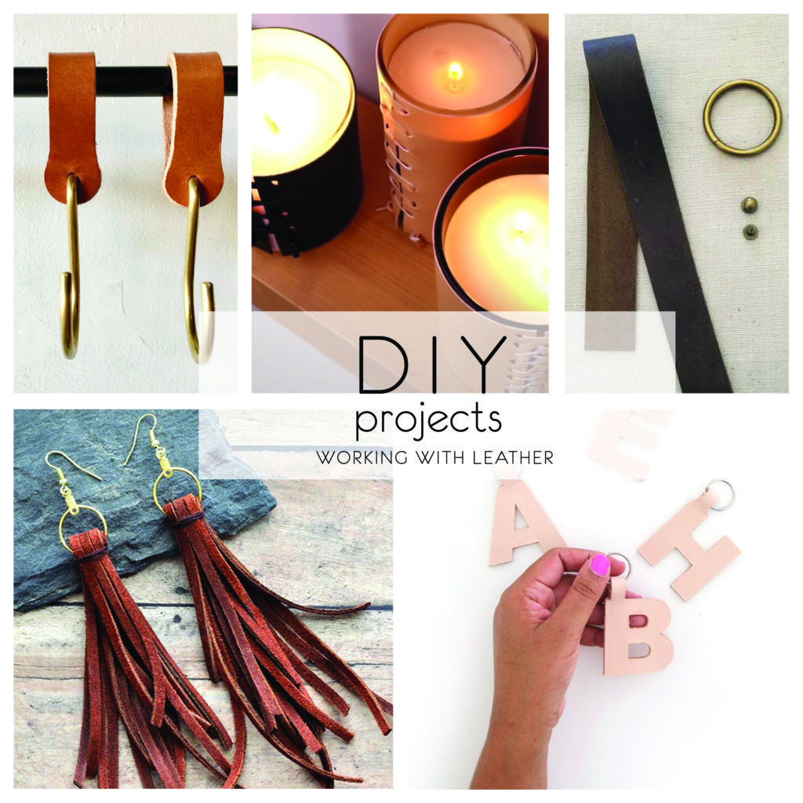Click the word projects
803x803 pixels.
(428, 420)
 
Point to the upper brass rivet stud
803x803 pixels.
(750, 206)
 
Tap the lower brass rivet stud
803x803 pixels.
(750, 232)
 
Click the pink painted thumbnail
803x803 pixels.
(600, 565)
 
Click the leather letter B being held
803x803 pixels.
(637, 635)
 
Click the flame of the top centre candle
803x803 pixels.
(454, 72)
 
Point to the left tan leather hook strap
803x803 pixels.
(72, 125)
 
